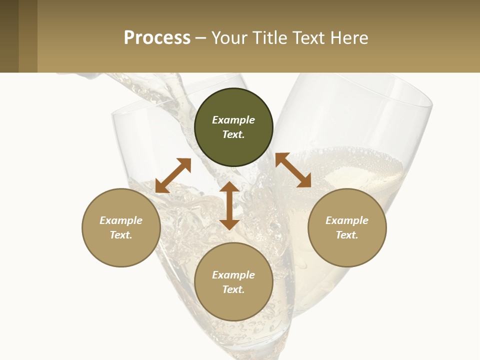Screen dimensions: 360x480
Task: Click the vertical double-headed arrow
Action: [x=229, y=205]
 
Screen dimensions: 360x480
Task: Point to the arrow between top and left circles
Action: [x=173, y=175]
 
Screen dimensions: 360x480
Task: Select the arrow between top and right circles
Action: [x=293, y=170]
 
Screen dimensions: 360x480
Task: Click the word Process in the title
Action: [x=157, y=38]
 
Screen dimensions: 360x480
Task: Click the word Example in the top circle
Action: [x=233, y=120]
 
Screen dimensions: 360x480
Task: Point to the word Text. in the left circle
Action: [x=121, y=235]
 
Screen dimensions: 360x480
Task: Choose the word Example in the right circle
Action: [x=347, y=220]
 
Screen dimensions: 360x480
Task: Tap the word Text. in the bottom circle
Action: [x=233, y=289]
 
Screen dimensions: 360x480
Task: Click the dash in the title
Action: [x=201, y=38]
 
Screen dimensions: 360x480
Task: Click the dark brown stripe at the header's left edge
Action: [x=9, y=36]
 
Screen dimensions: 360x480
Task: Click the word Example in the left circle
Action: [x=121, y=220]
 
